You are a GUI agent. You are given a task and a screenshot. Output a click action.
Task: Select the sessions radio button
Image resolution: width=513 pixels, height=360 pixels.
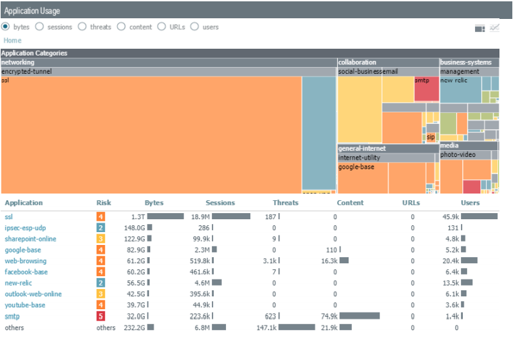[x=39, y=27]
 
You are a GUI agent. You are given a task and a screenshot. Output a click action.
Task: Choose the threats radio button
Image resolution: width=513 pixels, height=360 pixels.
[x=81, y=27]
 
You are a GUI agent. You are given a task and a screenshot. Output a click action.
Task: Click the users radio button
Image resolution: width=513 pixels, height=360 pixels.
[x=194, y=27]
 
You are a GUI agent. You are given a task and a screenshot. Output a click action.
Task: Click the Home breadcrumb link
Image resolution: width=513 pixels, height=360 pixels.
[x=12, y=41]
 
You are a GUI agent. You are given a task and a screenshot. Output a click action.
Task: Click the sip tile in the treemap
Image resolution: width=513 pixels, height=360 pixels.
[x=430, y=137]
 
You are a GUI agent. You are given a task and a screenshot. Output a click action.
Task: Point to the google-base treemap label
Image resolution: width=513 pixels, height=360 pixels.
[x=356, y=166]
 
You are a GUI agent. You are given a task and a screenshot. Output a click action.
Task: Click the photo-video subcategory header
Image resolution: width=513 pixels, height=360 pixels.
[x=458, y=154]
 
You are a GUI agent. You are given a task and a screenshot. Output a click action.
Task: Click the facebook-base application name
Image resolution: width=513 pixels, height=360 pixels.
[x=26, y=272]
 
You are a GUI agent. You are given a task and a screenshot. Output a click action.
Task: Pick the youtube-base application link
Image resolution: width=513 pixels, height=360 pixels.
[x=25, y=305]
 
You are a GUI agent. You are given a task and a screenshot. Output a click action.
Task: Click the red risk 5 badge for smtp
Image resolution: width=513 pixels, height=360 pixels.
[x=100, y=316]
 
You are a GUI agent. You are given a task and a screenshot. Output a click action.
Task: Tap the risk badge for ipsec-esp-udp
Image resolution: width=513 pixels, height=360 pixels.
[x=100, y=228]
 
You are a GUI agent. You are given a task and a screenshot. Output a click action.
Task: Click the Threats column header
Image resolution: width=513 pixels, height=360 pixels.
[x=285, y=203]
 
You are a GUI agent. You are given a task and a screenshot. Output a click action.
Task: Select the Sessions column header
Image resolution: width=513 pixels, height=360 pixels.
[x=220, y=203]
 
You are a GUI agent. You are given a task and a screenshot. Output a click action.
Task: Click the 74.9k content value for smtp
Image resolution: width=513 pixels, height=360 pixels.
[x=328, y=316]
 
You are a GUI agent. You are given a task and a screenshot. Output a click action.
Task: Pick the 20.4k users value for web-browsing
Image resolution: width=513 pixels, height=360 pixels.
[x=451, y=261]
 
